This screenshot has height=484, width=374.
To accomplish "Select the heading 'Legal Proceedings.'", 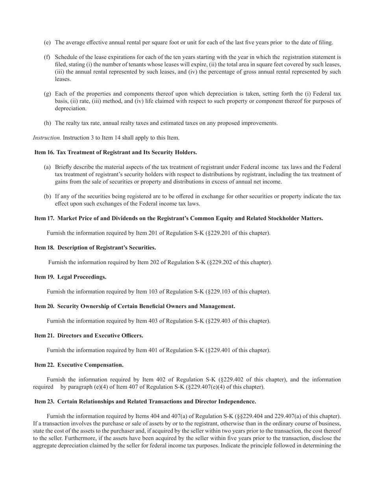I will coord(82,277).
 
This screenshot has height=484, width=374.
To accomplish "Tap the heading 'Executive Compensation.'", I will coord(91,365).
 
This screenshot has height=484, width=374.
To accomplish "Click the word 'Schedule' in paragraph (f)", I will coord(66,57).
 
